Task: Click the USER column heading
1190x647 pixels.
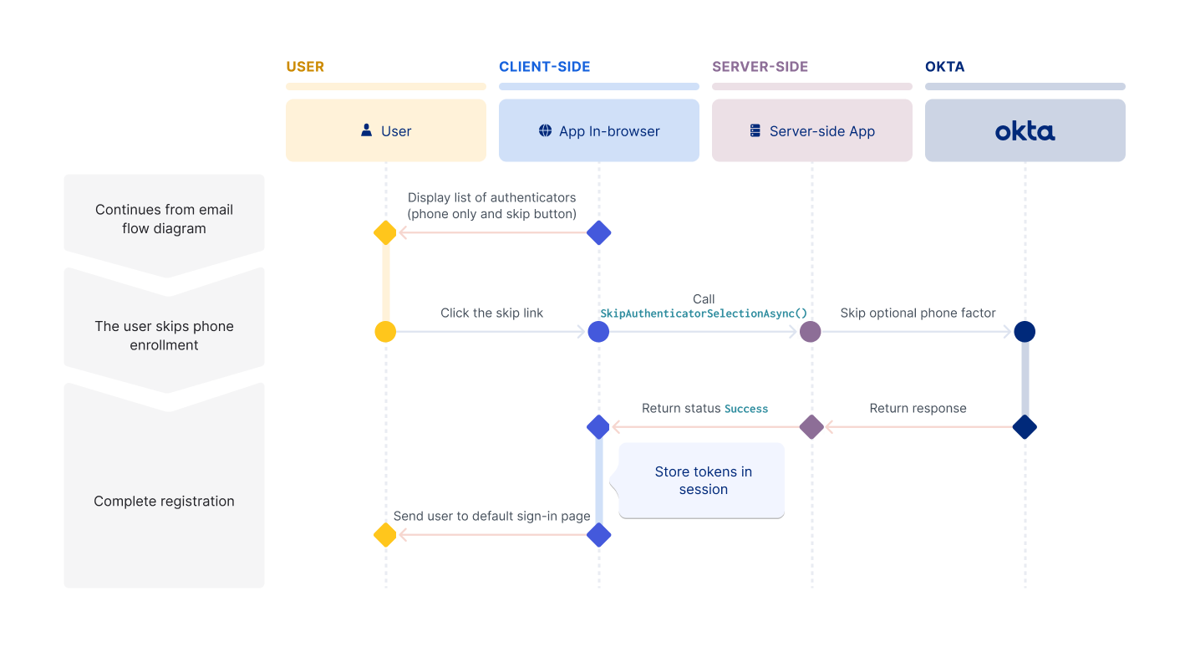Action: click(x=305, y=67)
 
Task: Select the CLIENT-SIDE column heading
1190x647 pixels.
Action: click(x=544, y=67)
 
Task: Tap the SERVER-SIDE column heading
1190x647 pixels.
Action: click(x=760, y=67)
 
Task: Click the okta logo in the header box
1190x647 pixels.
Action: click(x=1025, y=131)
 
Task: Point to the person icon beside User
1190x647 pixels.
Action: click(x=366, y=130)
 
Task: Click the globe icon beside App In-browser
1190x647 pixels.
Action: click(x=545, y=130)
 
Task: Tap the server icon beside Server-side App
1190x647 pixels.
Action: click(x=755, y=130)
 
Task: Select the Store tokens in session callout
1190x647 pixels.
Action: click(x=702, y=481)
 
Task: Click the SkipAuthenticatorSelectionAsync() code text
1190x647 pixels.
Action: click(x=704, y=313)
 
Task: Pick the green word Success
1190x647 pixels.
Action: click(x=746, y=409)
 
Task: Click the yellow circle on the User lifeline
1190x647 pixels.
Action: click(x=385, y=332)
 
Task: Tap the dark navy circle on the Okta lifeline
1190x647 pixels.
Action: click(x=1025, y=332)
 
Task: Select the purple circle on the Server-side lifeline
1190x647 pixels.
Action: click(x=811, y=332)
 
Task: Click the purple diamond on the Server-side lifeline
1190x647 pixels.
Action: click(x=811, y=427)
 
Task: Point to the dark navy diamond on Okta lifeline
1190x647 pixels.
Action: click(x=1025, y=427)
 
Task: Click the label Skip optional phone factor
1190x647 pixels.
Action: click(x=918, y=313)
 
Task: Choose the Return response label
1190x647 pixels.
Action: click(x=918, y=408)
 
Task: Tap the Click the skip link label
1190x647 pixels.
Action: click(x=491, y=313)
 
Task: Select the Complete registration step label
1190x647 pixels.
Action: click(x=164, y=502)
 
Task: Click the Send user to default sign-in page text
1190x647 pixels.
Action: click(x=491, y=516)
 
